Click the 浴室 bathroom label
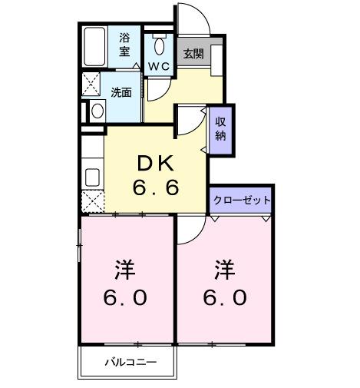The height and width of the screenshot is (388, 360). click(124, 44)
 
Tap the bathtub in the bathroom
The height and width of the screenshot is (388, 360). click(97, 48)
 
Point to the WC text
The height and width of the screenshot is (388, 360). click(159, 66)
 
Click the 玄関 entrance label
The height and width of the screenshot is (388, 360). click(192, 54)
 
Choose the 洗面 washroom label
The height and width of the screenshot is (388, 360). click(121, 92)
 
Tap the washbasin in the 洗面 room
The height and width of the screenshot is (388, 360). click(97, 110)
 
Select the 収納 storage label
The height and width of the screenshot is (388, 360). click(220, 128)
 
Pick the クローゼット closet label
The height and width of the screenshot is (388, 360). click(242, 199)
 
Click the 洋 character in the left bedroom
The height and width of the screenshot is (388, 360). click(125, 270)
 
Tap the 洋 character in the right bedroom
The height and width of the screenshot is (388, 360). click(223, 270)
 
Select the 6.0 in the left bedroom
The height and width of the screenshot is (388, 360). click(125, 297)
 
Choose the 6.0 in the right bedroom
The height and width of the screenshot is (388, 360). click(223, 297)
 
